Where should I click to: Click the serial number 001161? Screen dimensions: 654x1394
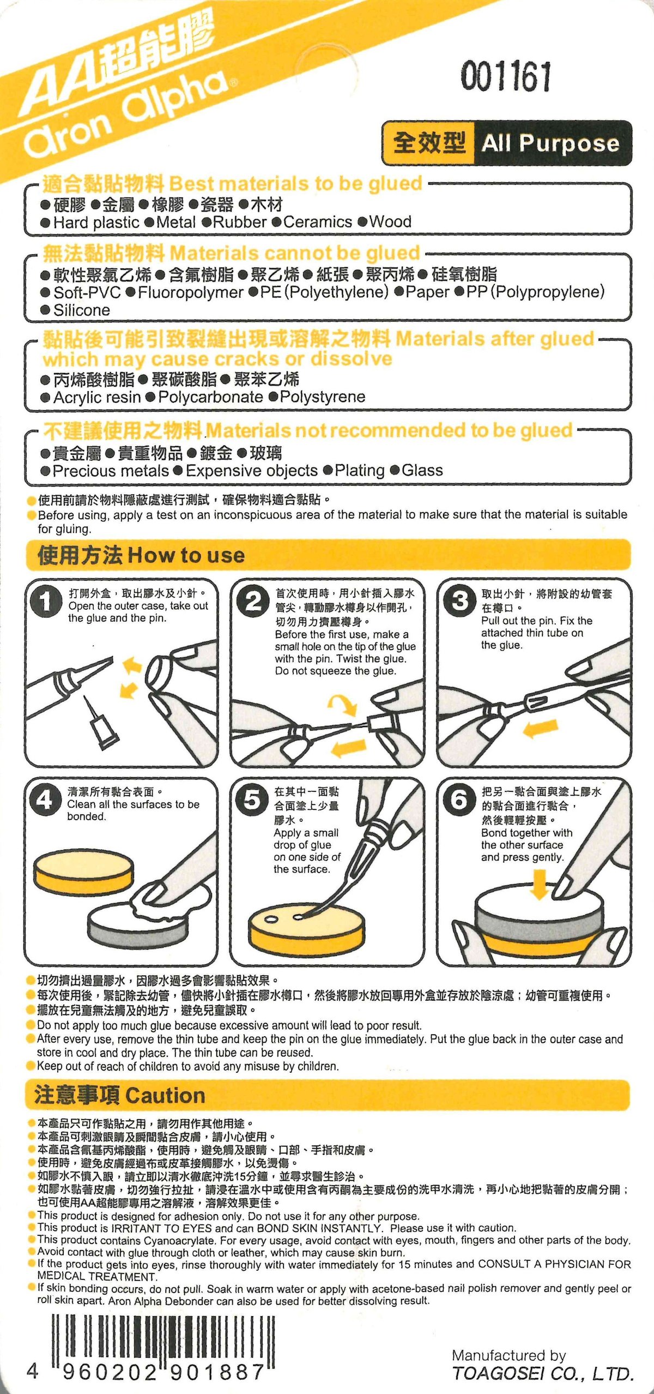click(506, 76)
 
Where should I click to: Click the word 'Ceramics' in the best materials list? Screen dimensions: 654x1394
click(318, 222)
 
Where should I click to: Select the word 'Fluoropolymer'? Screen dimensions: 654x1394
click(190, 292)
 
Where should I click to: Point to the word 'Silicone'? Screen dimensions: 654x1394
click(82, 310)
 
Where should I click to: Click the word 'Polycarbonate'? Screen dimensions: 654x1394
click(210, 397)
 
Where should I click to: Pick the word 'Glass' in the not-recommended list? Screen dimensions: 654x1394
click(422, 470)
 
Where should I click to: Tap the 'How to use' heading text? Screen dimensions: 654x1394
click(186, 555)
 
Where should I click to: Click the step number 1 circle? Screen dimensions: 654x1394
click(46, 602)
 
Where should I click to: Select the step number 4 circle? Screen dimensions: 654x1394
click(45, 801)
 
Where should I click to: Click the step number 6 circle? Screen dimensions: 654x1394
click(459, 801)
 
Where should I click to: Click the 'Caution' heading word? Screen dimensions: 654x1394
click(165, 1095)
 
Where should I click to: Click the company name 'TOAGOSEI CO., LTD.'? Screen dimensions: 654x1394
click(543, 1374)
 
